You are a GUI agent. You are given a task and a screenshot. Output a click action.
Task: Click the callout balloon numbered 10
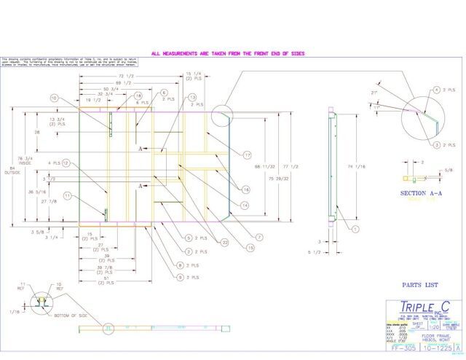click(x=53, y=98)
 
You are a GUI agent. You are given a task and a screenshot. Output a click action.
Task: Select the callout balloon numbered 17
click(x=248, y=154)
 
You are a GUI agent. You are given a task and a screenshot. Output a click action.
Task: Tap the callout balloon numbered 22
click(x=225, y=243)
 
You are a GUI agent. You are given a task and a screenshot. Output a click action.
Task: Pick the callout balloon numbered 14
click(x=245, y=206)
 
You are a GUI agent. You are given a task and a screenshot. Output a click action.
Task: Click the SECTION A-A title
click(x=420, y=194)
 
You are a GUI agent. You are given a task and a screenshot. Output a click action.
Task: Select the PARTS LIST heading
click(x=417, y=286)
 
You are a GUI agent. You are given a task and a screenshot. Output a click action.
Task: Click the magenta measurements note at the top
click(x=227, y=53)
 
